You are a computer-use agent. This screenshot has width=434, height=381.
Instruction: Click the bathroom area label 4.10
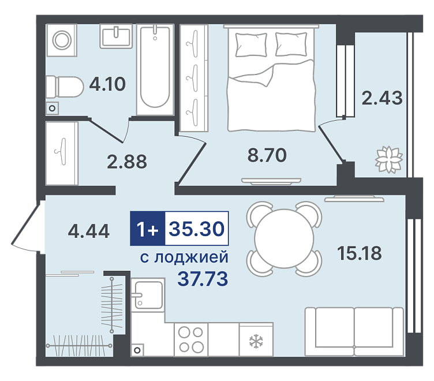pos(107,84)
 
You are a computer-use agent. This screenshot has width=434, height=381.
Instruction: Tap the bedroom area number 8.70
pos(267,155)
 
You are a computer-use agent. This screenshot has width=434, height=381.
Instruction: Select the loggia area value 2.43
pos(382,98)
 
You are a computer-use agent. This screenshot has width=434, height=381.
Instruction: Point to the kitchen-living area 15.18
pos(360,253)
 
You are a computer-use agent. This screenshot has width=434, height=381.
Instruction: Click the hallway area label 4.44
pos(89,231)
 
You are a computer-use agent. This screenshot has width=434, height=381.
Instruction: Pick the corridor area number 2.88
pos(127,162)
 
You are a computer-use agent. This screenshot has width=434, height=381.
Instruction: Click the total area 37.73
pos(203,279)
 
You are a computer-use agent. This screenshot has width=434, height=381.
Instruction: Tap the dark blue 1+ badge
pos(148,229)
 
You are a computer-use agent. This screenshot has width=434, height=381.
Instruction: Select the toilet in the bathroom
pos(65,87)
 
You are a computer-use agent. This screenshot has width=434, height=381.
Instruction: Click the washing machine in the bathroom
pos(62,40)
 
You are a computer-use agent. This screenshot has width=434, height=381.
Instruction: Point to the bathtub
pos(155,69)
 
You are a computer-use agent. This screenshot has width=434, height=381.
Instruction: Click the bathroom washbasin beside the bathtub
pos(116,36)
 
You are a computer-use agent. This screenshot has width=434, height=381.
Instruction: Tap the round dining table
pos(285,238)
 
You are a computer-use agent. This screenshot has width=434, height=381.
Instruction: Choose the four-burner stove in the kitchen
pos(191,339)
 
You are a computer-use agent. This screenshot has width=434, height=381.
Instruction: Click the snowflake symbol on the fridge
pos(256,341)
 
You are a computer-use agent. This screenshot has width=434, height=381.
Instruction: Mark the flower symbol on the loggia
pos(388,159)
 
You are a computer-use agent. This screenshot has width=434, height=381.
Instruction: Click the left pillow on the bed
pos(251,45)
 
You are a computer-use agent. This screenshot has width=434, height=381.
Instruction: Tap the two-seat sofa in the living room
pos(354,331)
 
